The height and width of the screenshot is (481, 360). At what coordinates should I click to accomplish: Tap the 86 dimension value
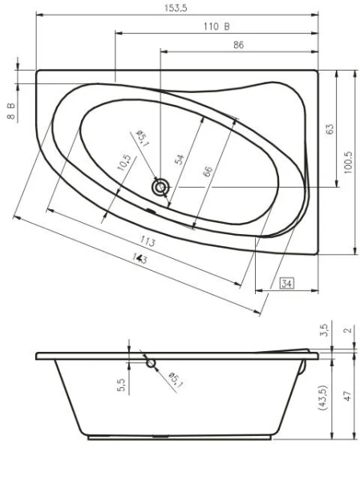(238, 46)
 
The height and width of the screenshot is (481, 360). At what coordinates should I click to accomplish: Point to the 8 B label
(11, 111)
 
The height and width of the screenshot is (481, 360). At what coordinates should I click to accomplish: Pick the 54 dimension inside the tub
(180, 159)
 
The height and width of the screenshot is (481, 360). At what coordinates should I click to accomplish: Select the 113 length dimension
(148, 241)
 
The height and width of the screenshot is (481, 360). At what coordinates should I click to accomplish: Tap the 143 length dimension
(140, 257)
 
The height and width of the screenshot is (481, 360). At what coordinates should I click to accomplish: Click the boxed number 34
(286, 281)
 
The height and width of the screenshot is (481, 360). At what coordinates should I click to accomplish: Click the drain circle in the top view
(161, 188)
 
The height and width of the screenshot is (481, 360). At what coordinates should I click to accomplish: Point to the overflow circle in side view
(150, 364)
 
